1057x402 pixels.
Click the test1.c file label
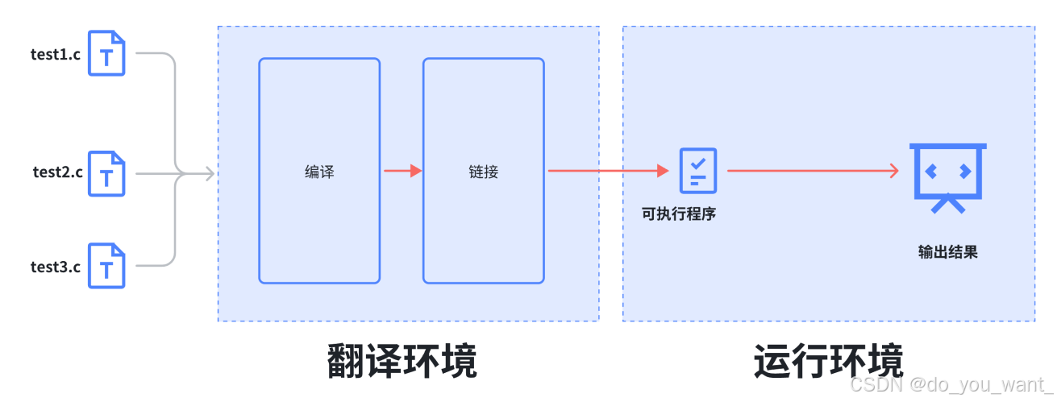click(x=56, y=54)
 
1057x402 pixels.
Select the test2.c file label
click(x=57, y=172)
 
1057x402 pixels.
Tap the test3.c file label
click(x=56, y=267)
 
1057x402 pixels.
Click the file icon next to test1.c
click(x=106, y=53)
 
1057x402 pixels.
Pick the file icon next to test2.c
click(x=106, y=172)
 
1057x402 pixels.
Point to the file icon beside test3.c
click(x=106, y=266)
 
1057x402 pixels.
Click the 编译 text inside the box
click(x=319, y=172)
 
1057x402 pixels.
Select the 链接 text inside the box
click(x=484, y=172)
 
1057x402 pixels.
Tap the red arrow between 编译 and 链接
click(x=402, y=171)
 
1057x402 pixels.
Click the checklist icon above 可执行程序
click(x=698, y=170)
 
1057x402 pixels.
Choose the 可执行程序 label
click(x=679, y=214)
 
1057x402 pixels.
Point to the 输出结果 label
click(x=948, y=251)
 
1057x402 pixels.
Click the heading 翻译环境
click(x=402, y=361)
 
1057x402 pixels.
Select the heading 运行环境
click(x=828, y=361)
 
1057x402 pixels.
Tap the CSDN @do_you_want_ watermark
click(x=951, y=385)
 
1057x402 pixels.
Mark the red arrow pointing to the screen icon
click(x=812, y=171)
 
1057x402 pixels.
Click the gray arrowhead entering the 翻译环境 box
click(x=210, y=172)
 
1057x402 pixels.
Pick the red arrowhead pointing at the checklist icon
click(x=664, y=171)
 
